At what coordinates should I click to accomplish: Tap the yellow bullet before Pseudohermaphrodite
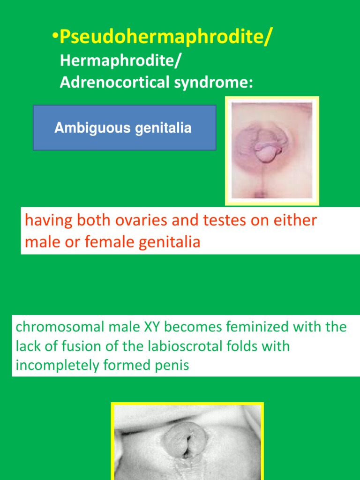(55, 36)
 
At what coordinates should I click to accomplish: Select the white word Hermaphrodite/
(120, 60)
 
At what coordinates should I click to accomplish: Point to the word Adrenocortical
(115, 82)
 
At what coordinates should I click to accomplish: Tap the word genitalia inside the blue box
(163, 128)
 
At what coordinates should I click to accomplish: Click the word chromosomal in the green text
(60, 327)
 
